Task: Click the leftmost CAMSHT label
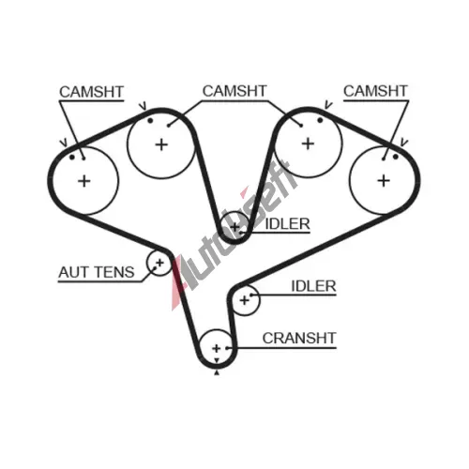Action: (91, 92)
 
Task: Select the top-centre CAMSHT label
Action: (234, 91)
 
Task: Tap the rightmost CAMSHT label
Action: (375, 91)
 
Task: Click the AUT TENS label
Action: (97, 272)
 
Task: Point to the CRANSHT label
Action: (299, 338)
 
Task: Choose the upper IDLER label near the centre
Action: (287, 224)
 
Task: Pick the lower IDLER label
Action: (313, 286)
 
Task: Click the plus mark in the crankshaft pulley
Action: (217, 348)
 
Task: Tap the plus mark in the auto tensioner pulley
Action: (159, 263)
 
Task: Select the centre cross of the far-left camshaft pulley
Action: (84, 181)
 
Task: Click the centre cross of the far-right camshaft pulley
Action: (384, 181)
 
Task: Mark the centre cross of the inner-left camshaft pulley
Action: (161, 144)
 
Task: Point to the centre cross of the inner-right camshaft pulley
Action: (308, 144)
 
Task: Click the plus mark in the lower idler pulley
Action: (245, 300)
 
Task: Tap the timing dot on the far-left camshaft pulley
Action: (72, 157)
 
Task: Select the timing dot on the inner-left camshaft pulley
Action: (150, 120)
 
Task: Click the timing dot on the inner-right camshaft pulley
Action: (320, 120)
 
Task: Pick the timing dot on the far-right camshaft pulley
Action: (396, 157)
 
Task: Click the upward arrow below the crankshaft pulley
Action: (217, 372)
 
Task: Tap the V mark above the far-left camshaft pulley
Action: (64, 143)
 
